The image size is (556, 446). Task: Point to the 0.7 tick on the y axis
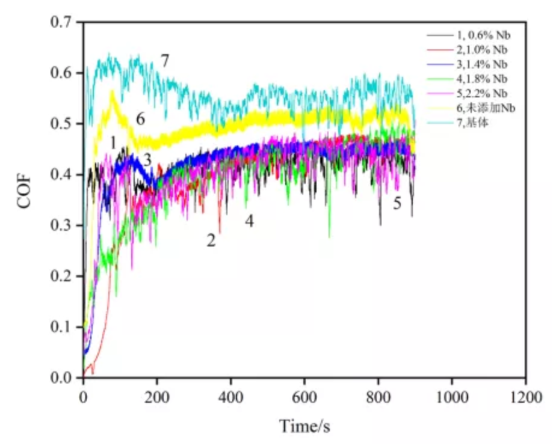(x=62, y=23)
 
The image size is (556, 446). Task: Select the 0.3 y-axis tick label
(x=62, y=226)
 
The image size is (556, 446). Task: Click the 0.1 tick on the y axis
(x=62, y=328)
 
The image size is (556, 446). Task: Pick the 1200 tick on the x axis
(x=525, y=397)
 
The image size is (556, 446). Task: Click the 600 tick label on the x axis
(x=304, y=397)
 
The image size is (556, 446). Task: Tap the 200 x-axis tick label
(x=157, y=397)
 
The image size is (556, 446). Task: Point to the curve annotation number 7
(x=165, y=60)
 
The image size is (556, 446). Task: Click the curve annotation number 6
(x=140, y=118)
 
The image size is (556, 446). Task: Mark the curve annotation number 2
(x=211, y=241)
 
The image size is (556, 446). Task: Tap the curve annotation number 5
(x=397, y=203)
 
